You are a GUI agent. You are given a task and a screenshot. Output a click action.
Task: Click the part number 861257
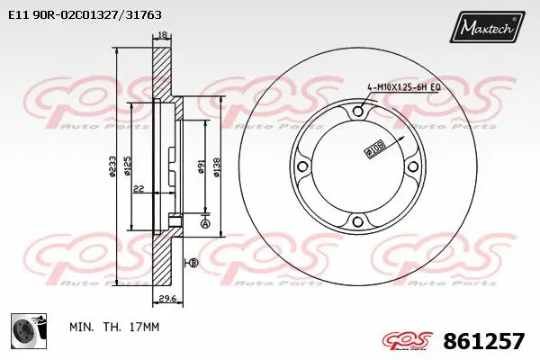(484, 341)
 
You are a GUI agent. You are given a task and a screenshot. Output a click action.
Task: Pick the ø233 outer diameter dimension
(112, 166)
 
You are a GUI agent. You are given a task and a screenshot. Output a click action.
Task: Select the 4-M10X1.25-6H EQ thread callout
(402, 86)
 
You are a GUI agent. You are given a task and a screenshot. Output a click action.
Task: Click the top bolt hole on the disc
(357, 111)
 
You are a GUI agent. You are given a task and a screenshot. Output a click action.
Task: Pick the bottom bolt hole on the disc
(357, 223)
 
